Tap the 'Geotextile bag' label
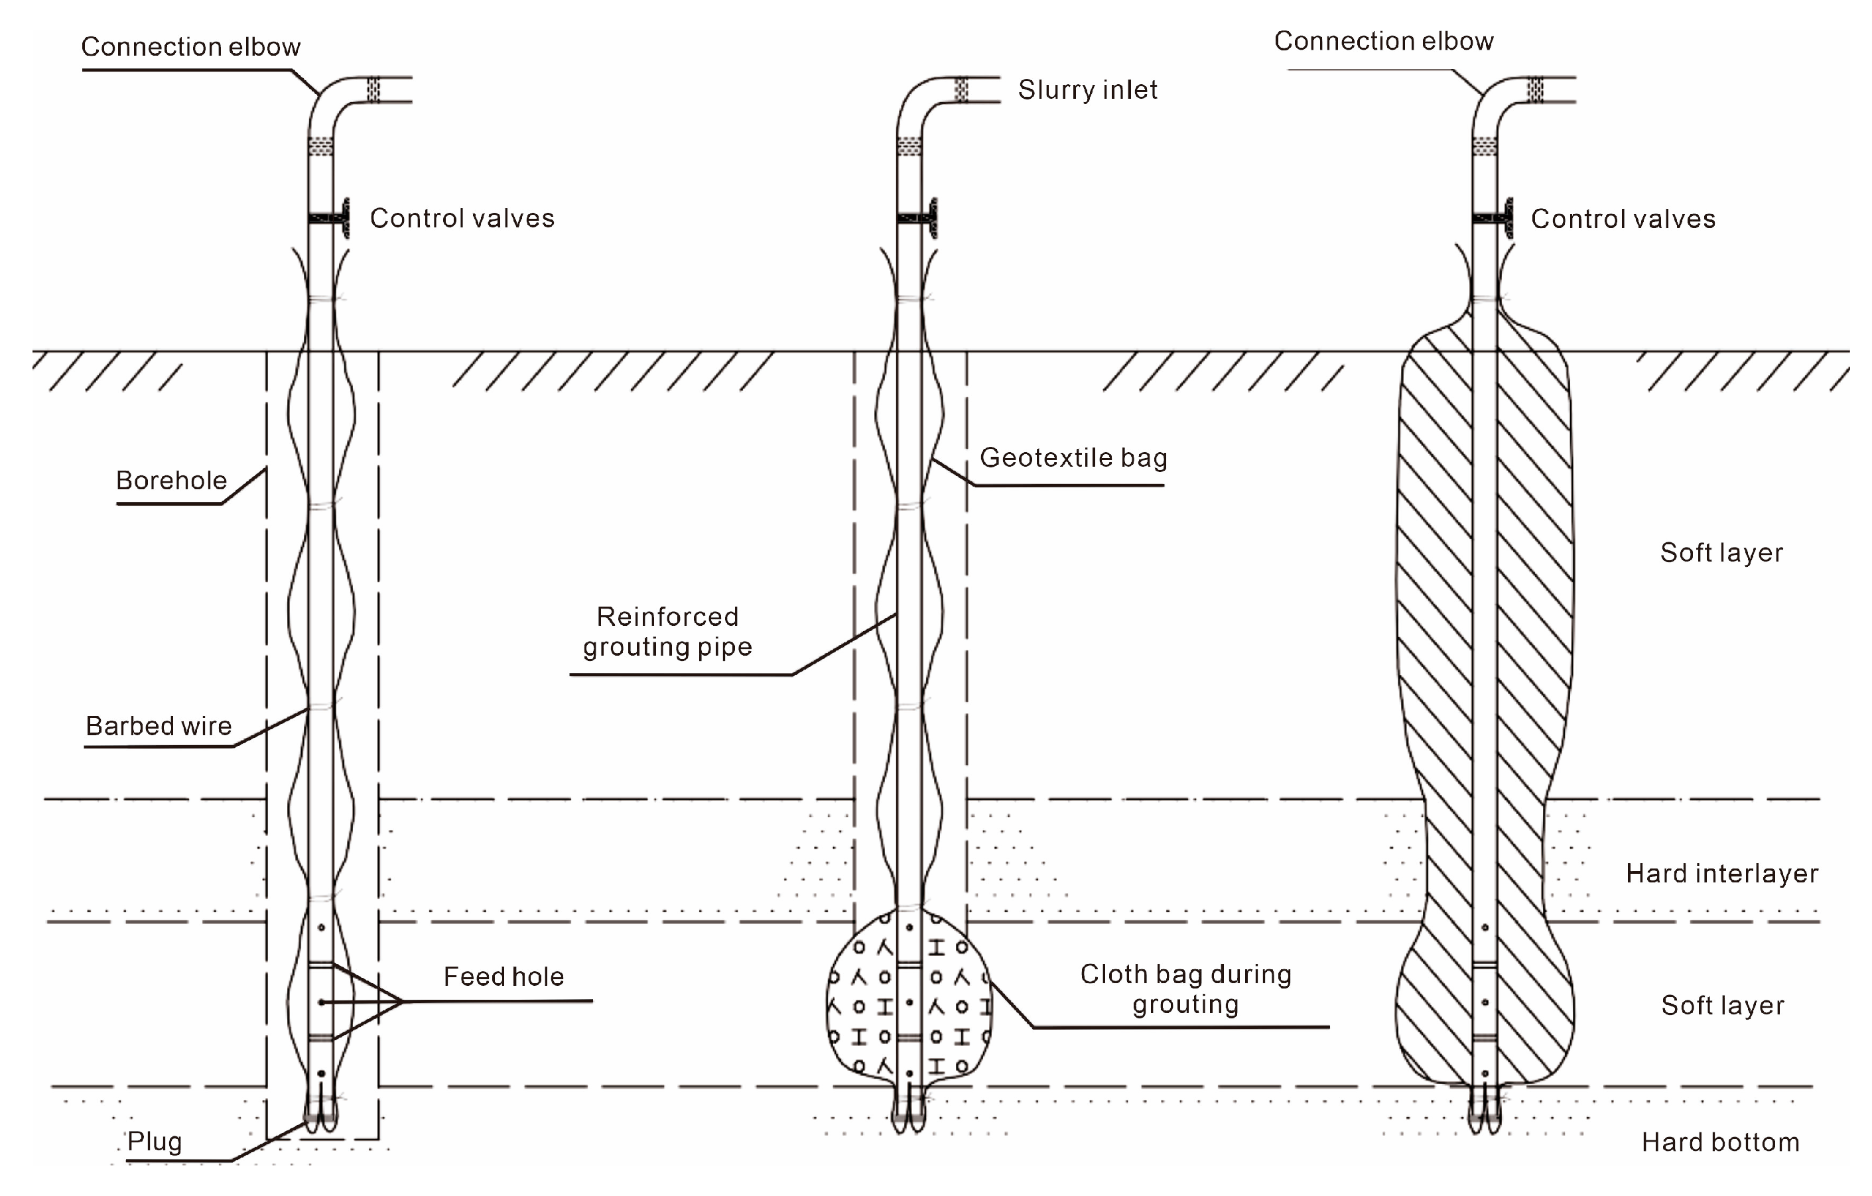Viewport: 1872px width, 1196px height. (1073, 457)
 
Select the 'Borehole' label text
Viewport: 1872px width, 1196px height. (171, 480)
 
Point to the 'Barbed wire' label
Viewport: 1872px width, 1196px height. (159, 726)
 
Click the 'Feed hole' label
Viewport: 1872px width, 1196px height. (503, 977)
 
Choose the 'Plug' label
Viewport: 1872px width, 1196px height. (155, 1142)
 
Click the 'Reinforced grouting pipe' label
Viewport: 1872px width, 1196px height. (667, 632)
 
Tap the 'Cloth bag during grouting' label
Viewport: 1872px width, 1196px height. (1185, 989)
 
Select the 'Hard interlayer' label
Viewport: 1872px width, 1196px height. (1722, 874)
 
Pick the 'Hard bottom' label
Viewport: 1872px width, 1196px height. (1720, 1142)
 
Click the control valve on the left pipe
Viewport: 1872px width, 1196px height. (330, 218)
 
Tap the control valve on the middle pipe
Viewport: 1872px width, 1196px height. (919, 218)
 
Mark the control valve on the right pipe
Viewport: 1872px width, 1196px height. (1494, 218)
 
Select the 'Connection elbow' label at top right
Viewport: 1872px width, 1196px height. (1383, 41)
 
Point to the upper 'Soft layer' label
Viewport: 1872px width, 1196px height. (1721, 552)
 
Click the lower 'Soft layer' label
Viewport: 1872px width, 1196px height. (1722, 1006)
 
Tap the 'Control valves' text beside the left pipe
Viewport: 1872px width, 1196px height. (462, 218)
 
